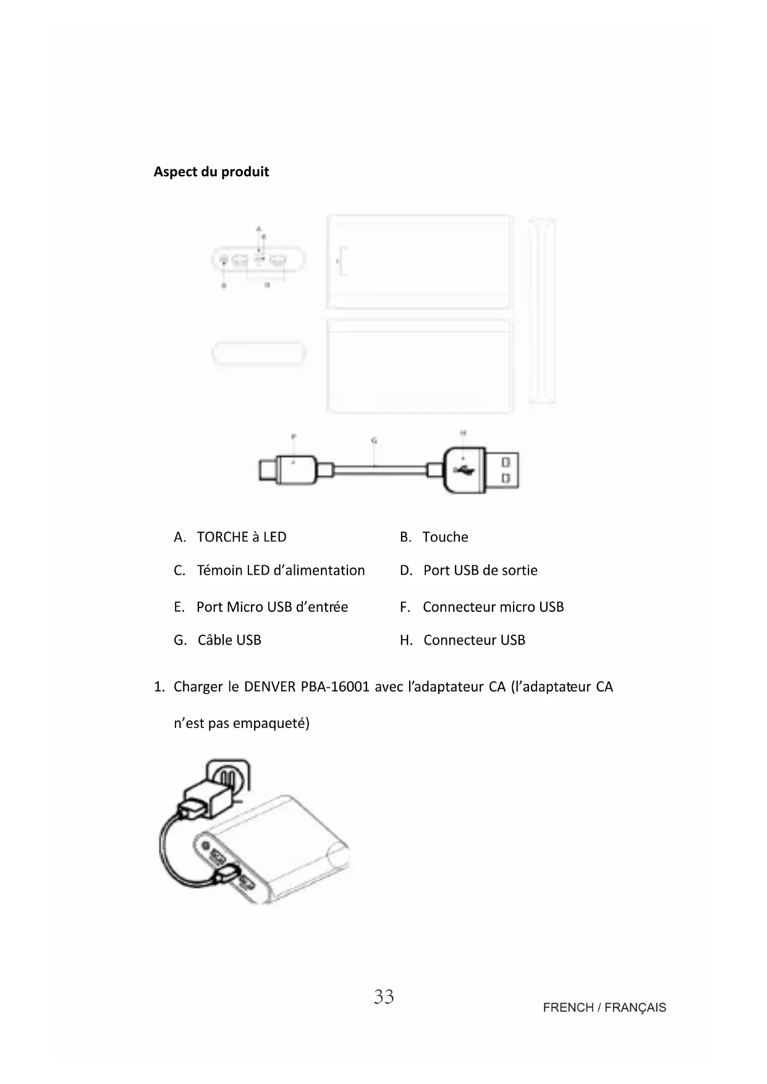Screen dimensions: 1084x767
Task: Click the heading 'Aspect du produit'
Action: (x=211, y=172)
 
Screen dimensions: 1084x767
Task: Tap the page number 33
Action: (x=383, y=996)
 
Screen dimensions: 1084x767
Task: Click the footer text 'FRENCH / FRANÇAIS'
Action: (x=604, y=1007)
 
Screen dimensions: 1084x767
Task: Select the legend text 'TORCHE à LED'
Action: (x=241, y=537)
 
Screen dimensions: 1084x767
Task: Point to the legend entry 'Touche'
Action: (x=445, y=537)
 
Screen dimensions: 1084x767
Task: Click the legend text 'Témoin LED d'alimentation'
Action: (x=281, y=570)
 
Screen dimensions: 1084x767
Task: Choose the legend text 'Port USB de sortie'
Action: (x=480, y=570)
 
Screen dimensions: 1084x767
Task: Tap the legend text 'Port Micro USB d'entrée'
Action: (x=272, y=607)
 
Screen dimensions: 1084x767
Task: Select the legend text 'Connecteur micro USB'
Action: (x=493, y=607)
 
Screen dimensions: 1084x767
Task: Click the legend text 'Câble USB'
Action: (x=229, y=640)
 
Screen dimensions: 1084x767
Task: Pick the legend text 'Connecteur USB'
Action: (x=474, y=640)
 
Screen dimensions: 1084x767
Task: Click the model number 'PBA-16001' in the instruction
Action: (x=335, y=687)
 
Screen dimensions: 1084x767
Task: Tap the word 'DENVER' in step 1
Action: (x=269, y=687)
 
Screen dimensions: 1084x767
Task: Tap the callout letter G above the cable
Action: (x=374, y=441)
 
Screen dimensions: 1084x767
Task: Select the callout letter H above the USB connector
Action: (x=463, y=433)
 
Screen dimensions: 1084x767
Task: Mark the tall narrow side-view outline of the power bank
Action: (x=542, y=311)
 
